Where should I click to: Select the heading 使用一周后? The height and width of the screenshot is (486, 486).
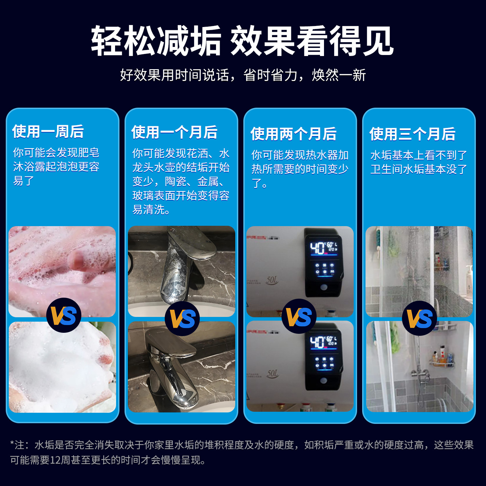click(48, 131)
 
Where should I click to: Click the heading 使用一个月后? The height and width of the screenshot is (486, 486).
click(174, 132)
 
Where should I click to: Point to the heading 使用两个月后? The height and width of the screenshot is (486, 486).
click(293, 134)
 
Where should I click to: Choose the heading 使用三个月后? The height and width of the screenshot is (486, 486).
click(412, 134)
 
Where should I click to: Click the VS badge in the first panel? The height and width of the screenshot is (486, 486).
click(63, 316)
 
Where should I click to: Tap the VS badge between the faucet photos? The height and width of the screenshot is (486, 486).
click(182, 319)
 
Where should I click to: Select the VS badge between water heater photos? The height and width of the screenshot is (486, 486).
click(299, 317)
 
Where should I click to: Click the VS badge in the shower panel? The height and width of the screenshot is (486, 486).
click(420, 318)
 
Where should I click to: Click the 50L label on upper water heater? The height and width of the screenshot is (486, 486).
click(272, 280)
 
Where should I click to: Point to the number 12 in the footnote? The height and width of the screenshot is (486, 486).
click(54, 460)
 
